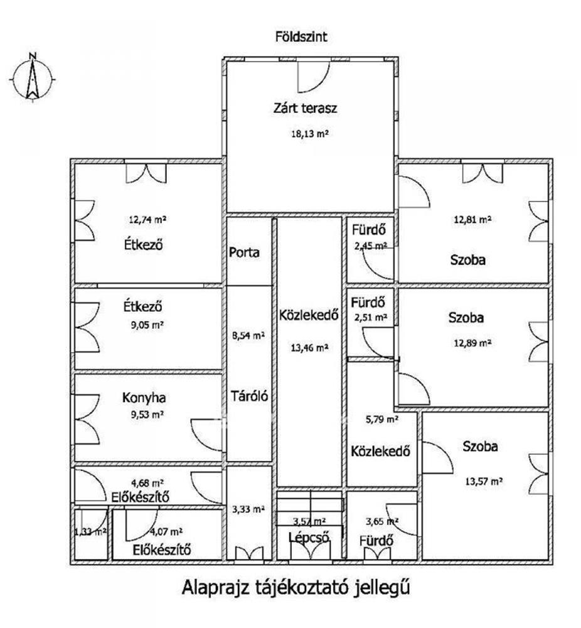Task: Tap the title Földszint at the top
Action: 301,37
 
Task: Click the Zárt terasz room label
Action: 306,108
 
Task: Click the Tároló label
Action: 249,396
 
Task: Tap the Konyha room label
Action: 142,398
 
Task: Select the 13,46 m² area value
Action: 310,347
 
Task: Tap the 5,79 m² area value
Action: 382,419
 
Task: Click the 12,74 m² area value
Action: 148,220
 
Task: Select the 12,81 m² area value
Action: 472,220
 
